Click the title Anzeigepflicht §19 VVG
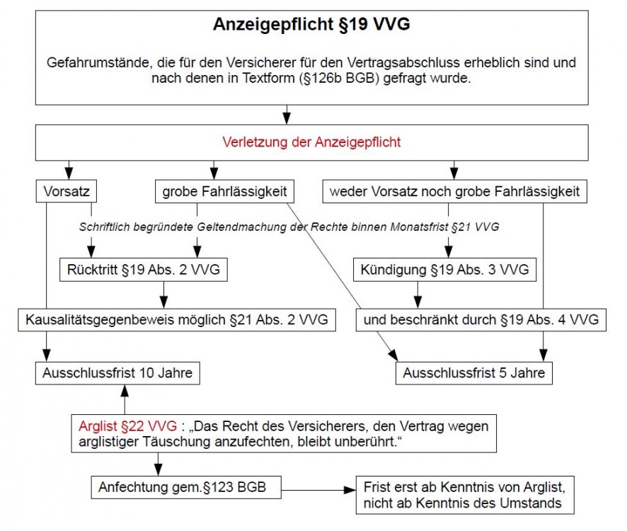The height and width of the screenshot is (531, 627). point(311,25)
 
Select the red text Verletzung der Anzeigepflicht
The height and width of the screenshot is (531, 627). point(311,142)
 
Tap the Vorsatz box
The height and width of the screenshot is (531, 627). point(66,191)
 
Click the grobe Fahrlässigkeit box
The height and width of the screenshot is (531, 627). point(224,191)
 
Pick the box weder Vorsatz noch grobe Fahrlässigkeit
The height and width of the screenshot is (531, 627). point(454,191)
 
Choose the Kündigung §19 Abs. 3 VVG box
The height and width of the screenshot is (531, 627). point(444,270)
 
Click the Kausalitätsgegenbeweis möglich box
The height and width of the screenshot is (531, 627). point(177,320)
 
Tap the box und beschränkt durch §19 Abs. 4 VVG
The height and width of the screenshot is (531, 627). point(481,320)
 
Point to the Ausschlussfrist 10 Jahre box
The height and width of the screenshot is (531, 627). point(115,372)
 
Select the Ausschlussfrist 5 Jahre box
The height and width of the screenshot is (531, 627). point(474,372)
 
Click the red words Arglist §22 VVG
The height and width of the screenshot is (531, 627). point(128,427)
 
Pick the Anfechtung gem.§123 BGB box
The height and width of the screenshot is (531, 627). point(185,488)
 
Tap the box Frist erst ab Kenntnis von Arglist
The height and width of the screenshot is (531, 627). point(464,495)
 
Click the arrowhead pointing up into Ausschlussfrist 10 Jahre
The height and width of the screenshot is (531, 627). point(125,389)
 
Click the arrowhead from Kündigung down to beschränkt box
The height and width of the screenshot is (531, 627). point(418,302)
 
